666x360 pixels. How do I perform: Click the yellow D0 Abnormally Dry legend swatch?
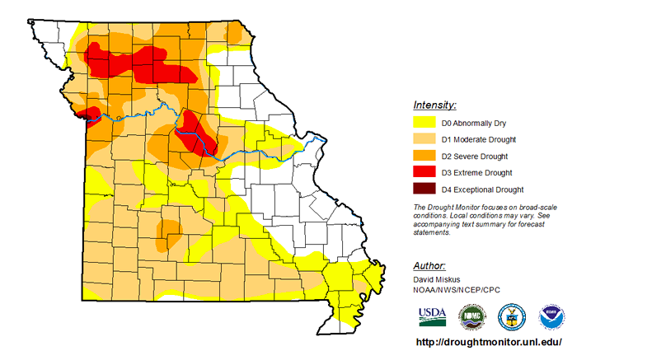426,123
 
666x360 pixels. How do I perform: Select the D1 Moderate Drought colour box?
426,139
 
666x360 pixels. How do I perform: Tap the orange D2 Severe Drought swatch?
426,156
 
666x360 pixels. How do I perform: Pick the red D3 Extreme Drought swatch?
426,172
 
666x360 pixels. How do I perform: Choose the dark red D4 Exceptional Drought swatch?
426,189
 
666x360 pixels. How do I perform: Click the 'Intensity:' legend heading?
434,105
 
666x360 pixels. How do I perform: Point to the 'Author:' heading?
429,266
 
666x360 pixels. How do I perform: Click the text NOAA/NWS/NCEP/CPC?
457,290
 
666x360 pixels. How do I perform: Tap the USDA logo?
432,315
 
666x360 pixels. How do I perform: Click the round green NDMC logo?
471,316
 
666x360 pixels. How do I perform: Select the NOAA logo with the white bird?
551,316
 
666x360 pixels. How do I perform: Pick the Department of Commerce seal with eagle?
511,316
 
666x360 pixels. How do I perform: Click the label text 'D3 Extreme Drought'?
477,173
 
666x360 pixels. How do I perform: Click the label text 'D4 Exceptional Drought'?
482,189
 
